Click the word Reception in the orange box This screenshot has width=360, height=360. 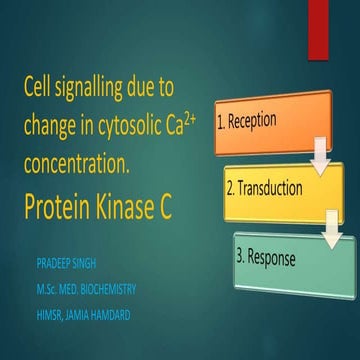pos(263,123)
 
